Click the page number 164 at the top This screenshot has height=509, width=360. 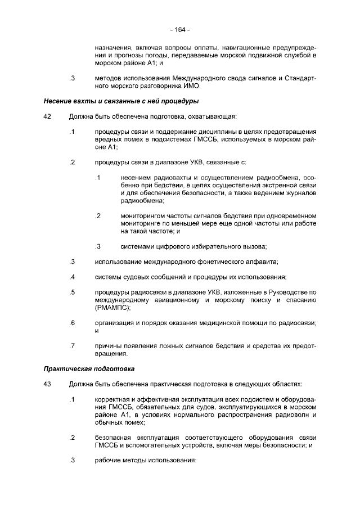(x=180, y=29)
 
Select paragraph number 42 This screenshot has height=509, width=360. (x=47, y=116)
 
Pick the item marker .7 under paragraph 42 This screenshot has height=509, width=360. (x=72, y=345)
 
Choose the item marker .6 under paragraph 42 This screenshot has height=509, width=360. (x=72, y=323)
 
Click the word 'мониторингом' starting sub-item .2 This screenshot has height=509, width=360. (x=145, y=215)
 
